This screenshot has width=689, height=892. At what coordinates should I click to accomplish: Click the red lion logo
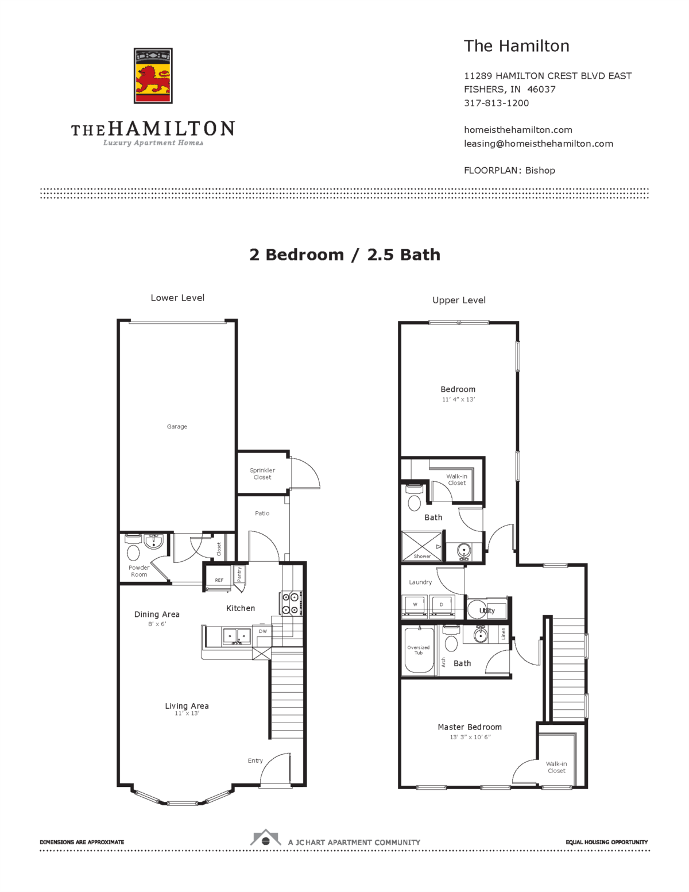tap(153, 76)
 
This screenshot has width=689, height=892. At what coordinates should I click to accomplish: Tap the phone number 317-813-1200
tap(496, 103)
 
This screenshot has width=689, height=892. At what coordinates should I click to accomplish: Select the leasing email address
tap(538, 144)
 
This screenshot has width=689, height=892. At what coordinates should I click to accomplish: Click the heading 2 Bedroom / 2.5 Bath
tap(344, 254)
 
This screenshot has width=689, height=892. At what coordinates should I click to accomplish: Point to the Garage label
tap(177, 427)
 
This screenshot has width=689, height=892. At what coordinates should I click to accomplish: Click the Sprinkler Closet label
tap(262, 474)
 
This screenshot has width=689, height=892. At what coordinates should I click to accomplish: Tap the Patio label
tap(262, 513)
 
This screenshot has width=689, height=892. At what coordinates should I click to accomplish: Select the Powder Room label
tap(139, 571)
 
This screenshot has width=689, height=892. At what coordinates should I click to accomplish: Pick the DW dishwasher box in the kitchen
tap(262, 631)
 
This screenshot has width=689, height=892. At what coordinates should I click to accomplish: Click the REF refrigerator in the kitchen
tap(219, 580)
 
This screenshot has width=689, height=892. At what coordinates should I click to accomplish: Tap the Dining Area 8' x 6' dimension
tap(157, 624)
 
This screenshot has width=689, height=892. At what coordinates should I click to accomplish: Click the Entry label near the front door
tap(255, 760)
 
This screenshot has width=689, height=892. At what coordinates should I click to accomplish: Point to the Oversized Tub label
tap(419, 650)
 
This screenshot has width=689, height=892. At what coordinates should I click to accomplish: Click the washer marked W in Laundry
tap(415, 605)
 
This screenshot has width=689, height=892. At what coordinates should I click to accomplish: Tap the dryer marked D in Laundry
tap(442, 605)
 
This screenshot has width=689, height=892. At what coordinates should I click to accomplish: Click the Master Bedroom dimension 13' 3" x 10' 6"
tap(470, 737)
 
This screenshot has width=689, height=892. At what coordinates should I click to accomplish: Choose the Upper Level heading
tap(459, 300)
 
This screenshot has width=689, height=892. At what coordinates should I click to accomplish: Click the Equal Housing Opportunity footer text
tap(606, 842)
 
